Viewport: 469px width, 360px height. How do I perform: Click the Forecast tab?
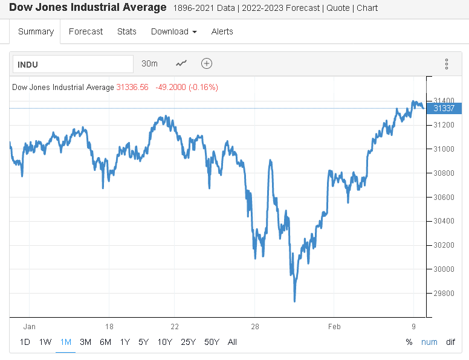coord(86,31)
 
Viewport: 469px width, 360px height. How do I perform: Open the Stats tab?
coord(127,31)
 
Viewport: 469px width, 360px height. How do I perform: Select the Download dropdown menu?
coord(173,31)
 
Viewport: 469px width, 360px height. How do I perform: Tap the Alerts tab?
coord(222,31)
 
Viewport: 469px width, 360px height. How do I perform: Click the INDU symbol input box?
coord(73,64)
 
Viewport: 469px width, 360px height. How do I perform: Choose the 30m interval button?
coord(149,63)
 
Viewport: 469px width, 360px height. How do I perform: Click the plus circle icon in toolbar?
coord(207,63)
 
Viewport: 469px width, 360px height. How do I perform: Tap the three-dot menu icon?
coord(447,64)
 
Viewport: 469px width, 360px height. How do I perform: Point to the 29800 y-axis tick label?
coord(444,294)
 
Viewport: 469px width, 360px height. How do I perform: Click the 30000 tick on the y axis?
coord(444,269)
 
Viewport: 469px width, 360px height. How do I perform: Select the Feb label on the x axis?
coord(334,327)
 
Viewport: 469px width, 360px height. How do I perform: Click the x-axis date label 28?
coord(254,327)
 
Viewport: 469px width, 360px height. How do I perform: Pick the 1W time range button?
coord(45,342)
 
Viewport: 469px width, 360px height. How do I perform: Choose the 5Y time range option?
coord(143,342)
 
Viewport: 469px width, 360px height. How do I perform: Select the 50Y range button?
coord(212,342)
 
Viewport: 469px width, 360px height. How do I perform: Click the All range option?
coord(232,342)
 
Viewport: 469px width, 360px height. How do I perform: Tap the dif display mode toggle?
coord(450,342)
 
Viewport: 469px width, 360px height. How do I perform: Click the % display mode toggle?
coord(409,342)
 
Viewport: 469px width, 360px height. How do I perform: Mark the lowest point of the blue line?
coord(294,301)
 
